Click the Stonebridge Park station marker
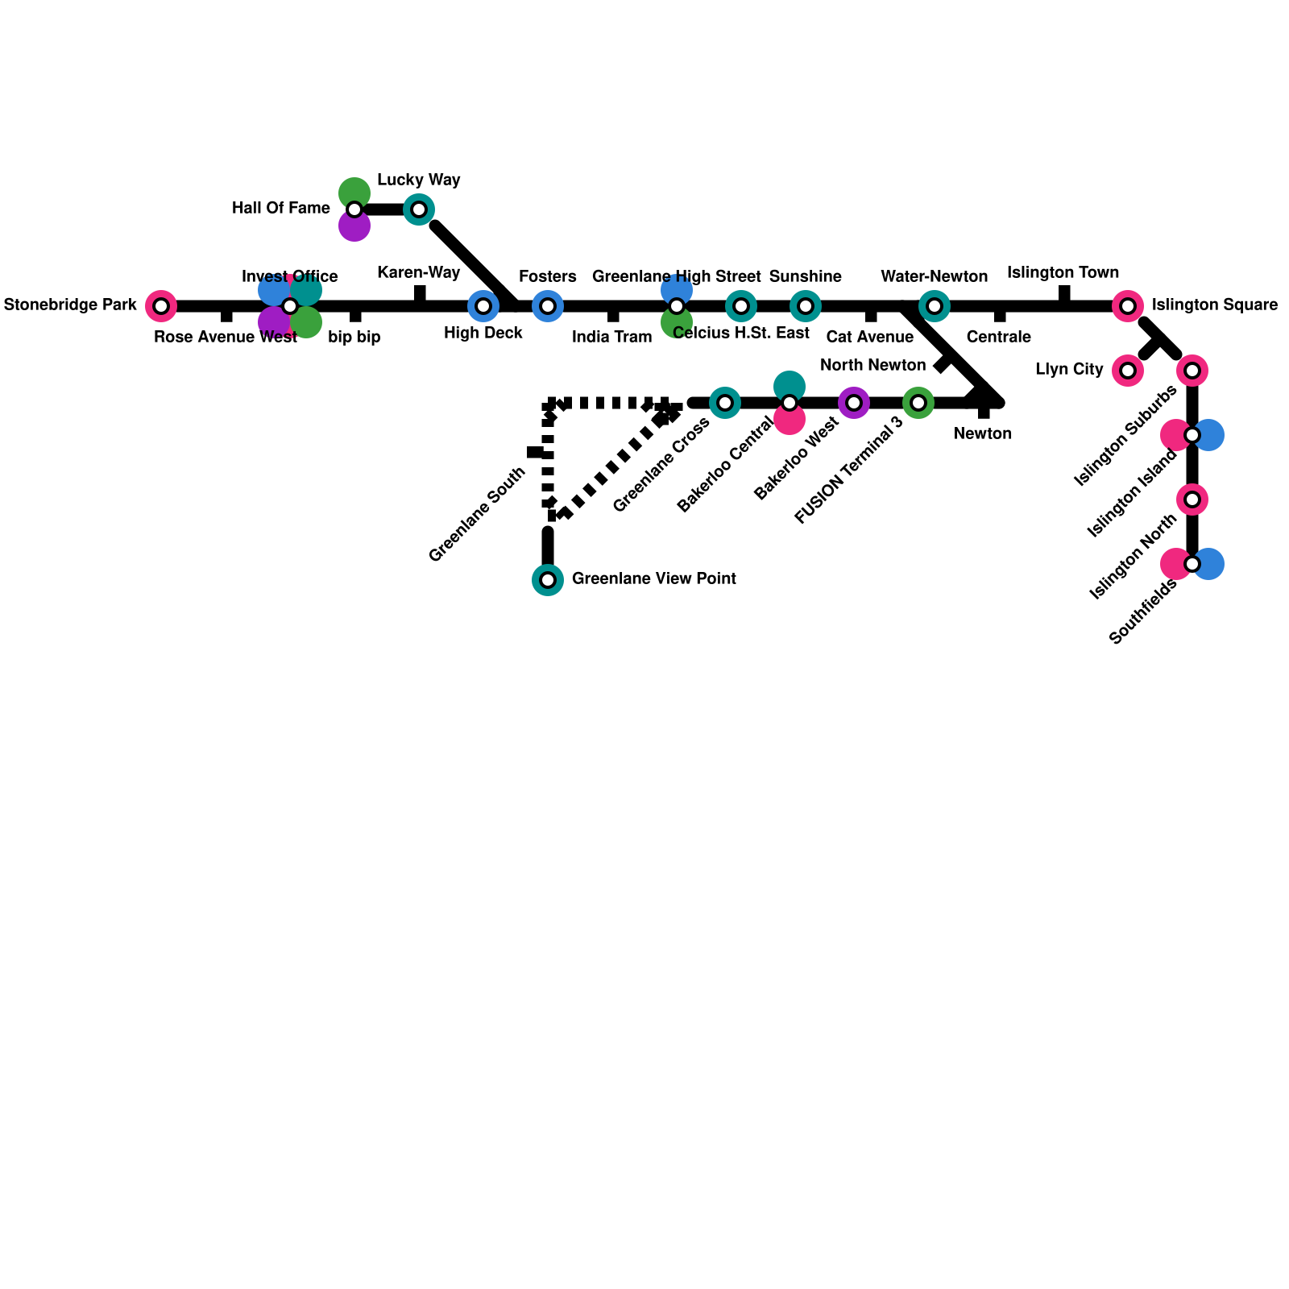(161, 306)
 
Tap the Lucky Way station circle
(419, 209)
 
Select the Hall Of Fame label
(280, 209)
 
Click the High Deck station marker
(483, 306)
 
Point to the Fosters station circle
(548, 306)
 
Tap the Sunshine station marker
(806, 306)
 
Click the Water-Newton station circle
(935, 306)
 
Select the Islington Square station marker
(1128, 306)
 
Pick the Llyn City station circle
(1128, 371)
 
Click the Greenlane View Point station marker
(548, 580)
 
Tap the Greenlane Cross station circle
(725, 403)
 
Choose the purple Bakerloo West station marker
(854, 403)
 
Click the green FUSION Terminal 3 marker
(918, 403)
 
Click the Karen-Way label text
(418, 272)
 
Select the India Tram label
(611, 338)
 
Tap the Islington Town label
(1063, 272)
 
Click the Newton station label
(982, 434)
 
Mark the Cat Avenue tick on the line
(871, 315)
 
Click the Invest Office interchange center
(290, 306)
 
